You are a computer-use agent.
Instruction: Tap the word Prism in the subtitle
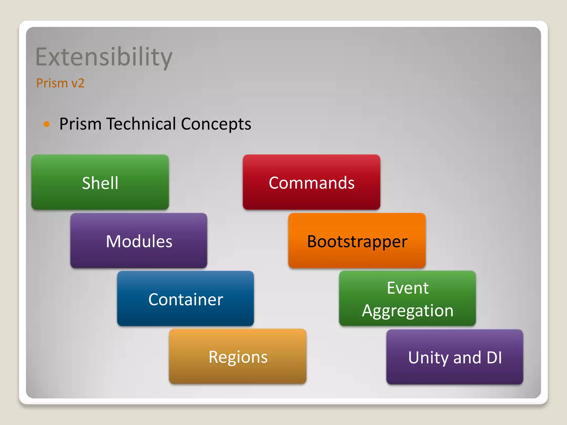click(x=52, y=83)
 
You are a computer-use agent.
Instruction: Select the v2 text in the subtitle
click(x=78, y=83)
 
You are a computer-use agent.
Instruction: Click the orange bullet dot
click(x=47, y=124)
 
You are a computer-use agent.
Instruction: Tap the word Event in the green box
click(x=408, y=288)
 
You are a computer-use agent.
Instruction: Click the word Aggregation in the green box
click(x=408, y=311)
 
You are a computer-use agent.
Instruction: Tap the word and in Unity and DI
click(x=467, y=357)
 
